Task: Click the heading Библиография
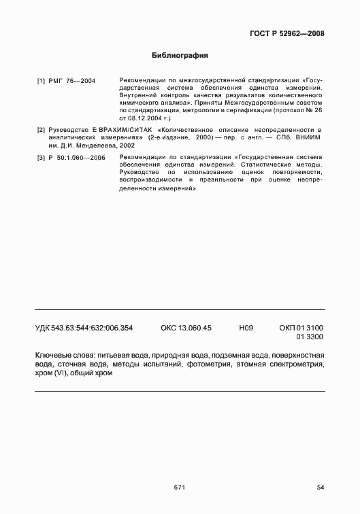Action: [180, 54]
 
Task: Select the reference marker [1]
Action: [41, 81]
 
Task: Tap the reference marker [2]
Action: [41, 129]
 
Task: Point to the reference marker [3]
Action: [41, 158]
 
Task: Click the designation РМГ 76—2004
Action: [72, 81]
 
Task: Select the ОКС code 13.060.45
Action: [186, 328]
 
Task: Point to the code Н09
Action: [246, 328]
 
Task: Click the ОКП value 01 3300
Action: [310, 337]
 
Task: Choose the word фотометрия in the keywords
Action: [208, 365]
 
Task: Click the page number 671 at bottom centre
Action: [180, 487]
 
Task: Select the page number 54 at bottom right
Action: [321, 487]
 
